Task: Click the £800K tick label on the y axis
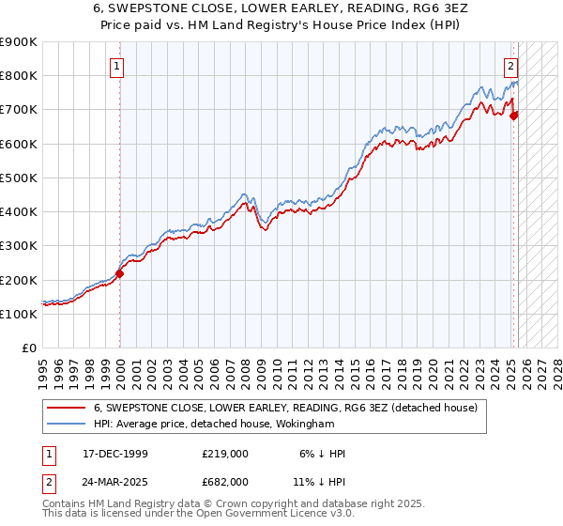(x=19, y=76)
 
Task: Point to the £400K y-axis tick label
(x=19, y=212)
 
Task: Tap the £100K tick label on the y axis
(x=19, y=314)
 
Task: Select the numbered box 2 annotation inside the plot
(x=510, y=66)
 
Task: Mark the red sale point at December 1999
(x=120, y=273)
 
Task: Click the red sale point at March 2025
(x=514, y=116)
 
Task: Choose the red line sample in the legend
(x=66, y=408)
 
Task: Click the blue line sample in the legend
(x=66, y=424)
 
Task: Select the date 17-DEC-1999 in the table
(x=113, y=454)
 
